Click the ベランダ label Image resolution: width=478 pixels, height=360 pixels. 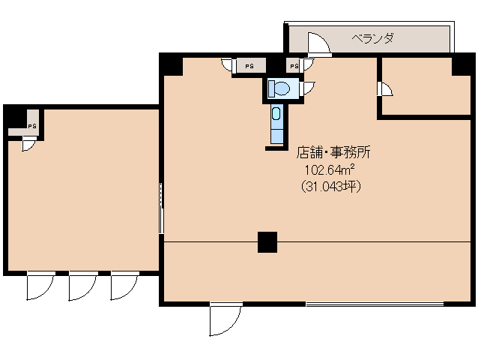point(373,37)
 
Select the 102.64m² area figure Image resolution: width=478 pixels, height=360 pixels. point(329,170)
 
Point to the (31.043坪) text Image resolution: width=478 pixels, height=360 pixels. point(330,187)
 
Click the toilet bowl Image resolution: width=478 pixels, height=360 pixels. point(280,88)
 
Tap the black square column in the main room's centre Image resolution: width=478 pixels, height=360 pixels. point(267,242)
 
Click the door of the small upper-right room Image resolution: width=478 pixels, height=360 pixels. point(385,90)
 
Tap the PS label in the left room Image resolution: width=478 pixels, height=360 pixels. point(32,126)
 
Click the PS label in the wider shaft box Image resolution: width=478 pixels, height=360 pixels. point(249,67)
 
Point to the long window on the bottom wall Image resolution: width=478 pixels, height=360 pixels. point(375,304)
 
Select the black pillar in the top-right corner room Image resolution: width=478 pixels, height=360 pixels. point(462,65)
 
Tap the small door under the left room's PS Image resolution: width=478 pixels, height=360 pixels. point(28,144)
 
